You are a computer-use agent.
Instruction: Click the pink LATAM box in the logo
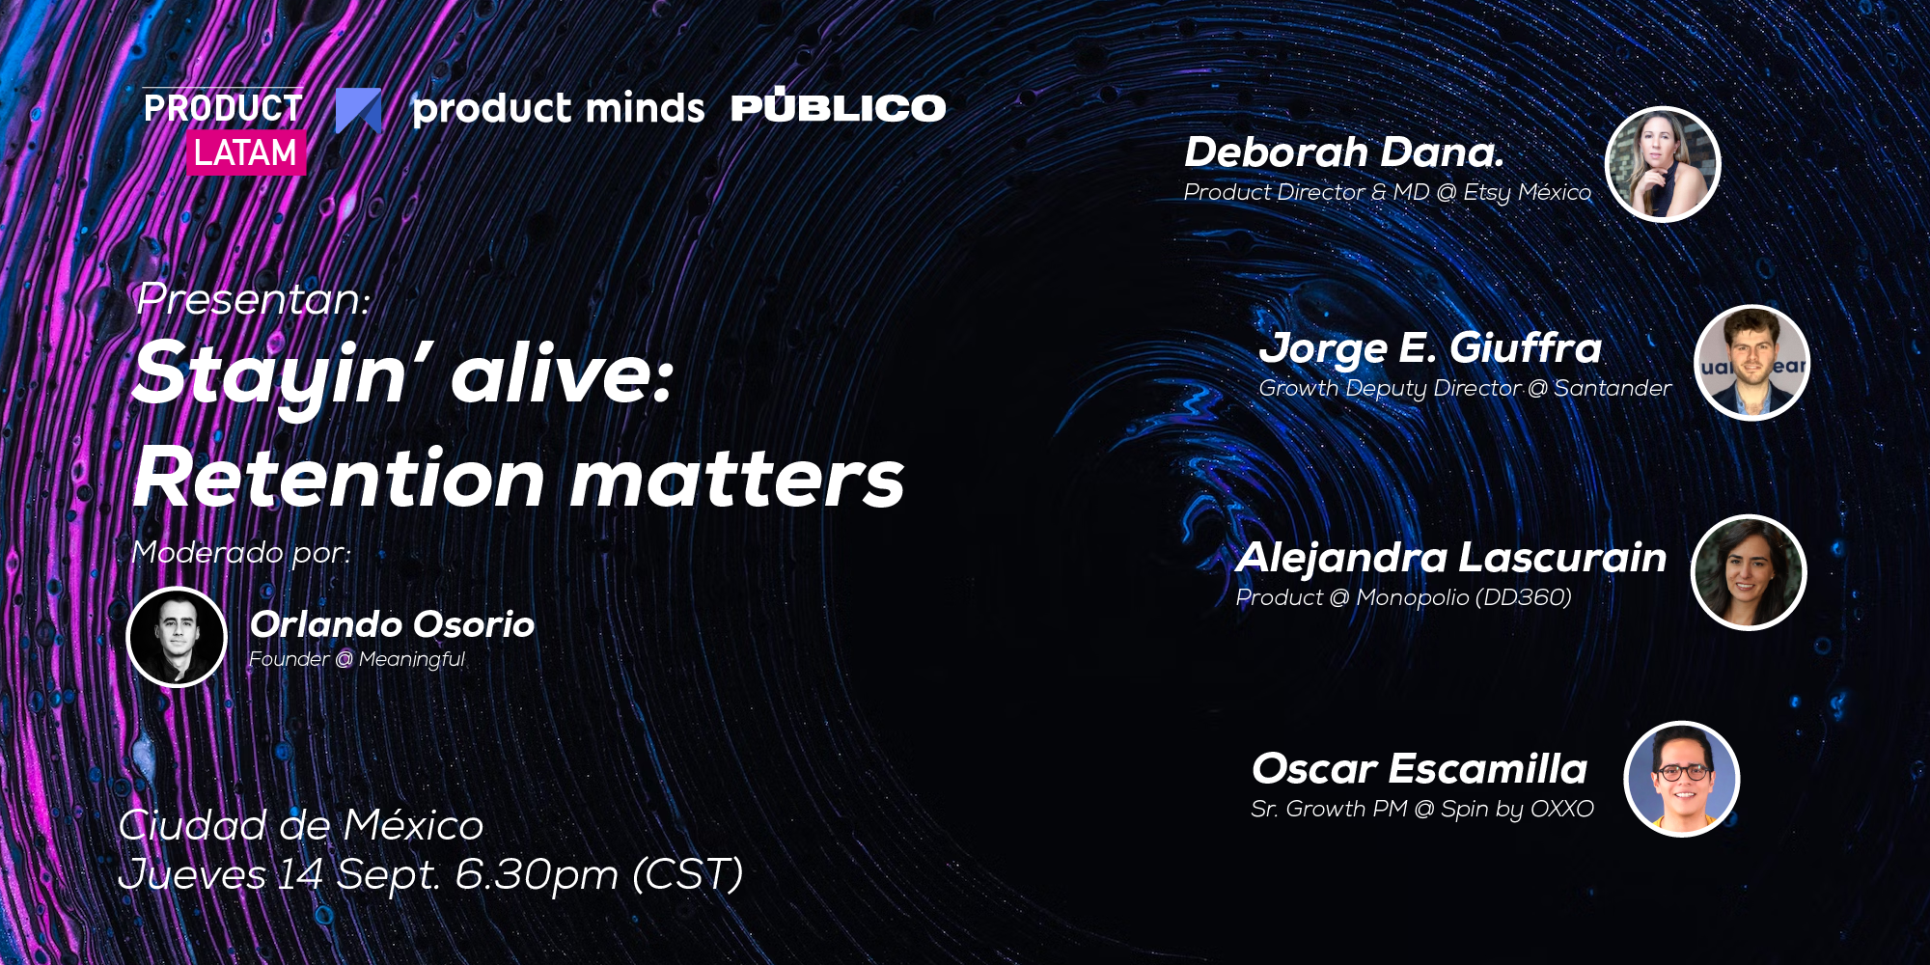tap(246, 152)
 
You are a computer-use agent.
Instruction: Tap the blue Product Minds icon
tap(359, 110)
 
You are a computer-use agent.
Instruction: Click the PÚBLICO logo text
tap(839, 105)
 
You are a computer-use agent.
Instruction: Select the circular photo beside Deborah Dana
tap(1663, 164)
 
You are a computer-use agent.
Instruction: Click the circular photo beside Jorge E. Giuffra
tap(1751, 363)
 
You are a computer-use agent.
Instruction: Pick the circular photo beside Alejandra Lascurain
tap(1749, 572)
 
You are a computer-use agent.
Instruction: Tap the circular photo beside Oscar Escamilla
tap(1682, 779)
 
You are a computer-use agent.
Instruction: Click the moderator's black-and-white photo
tap(177, 637)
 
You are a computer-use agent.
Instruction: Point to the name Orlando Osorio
tap(392, 624)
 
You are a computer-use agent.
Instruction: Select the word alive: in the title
tap(563, 373)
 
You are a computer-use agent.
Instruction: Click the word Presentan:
tap(254, 299)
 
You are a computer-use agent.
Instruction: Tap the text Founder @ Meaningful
tap(357, 659)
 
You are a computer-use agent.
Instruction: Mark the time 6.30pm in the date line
tap(537, 875)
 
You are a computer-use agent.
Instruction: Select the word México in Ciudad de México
tap(413, 825)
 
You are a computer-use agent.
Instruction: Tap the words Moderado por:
tap(241, 553)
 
